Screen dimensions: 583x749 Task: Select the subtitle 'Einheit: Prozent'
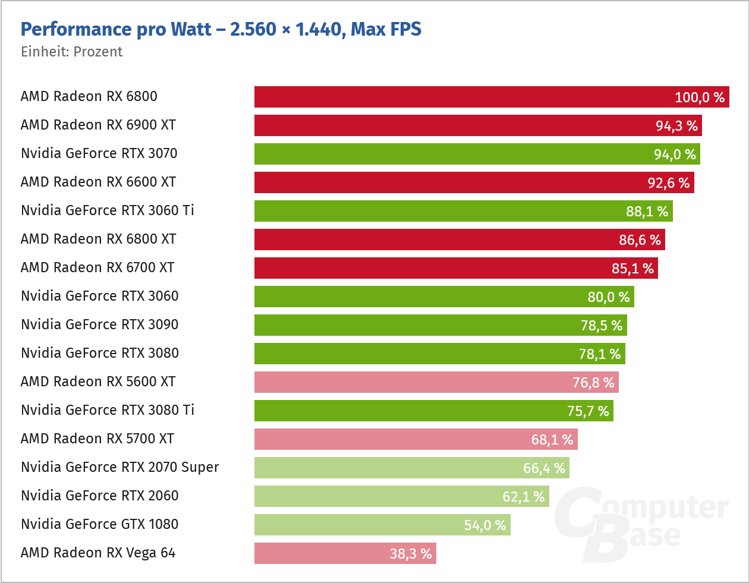(x=71, y=52)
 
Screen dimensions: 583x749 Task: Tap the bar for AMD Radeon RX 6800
(x=464, y=97)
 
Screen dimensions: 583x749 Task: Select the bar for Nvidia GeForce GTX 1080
(x=357, y=525)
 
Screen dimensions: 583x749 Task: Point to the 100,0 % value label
(x=700, y=97)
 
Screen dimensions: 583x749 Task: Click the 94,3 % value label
(x=676, y=126)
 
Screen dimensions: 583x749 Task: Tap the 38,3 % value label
(x=411, y=554)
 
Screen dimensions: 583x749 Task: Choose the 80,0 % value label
(x=609, y=297)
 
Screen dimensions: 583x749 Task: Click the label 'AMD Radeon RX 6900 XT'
(x=98, y=125)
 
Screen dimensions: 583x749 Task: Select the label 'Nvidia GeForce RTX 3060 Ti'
(x=108, y=210)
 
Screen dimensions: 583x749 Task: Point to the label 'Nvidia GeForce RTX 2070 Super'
(x=119, y=467)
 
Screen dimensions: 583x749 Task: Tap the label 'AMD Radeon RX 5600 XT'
(x=98, y=382)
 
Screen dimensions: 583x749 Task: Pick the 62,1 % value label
(x=524, y=497)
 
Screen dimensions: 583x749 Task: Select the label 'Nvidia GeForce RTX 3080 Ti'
(x=108, y=410)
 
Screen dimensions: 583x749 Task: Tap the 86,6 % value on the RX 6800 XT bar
(x=640, y=240)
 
